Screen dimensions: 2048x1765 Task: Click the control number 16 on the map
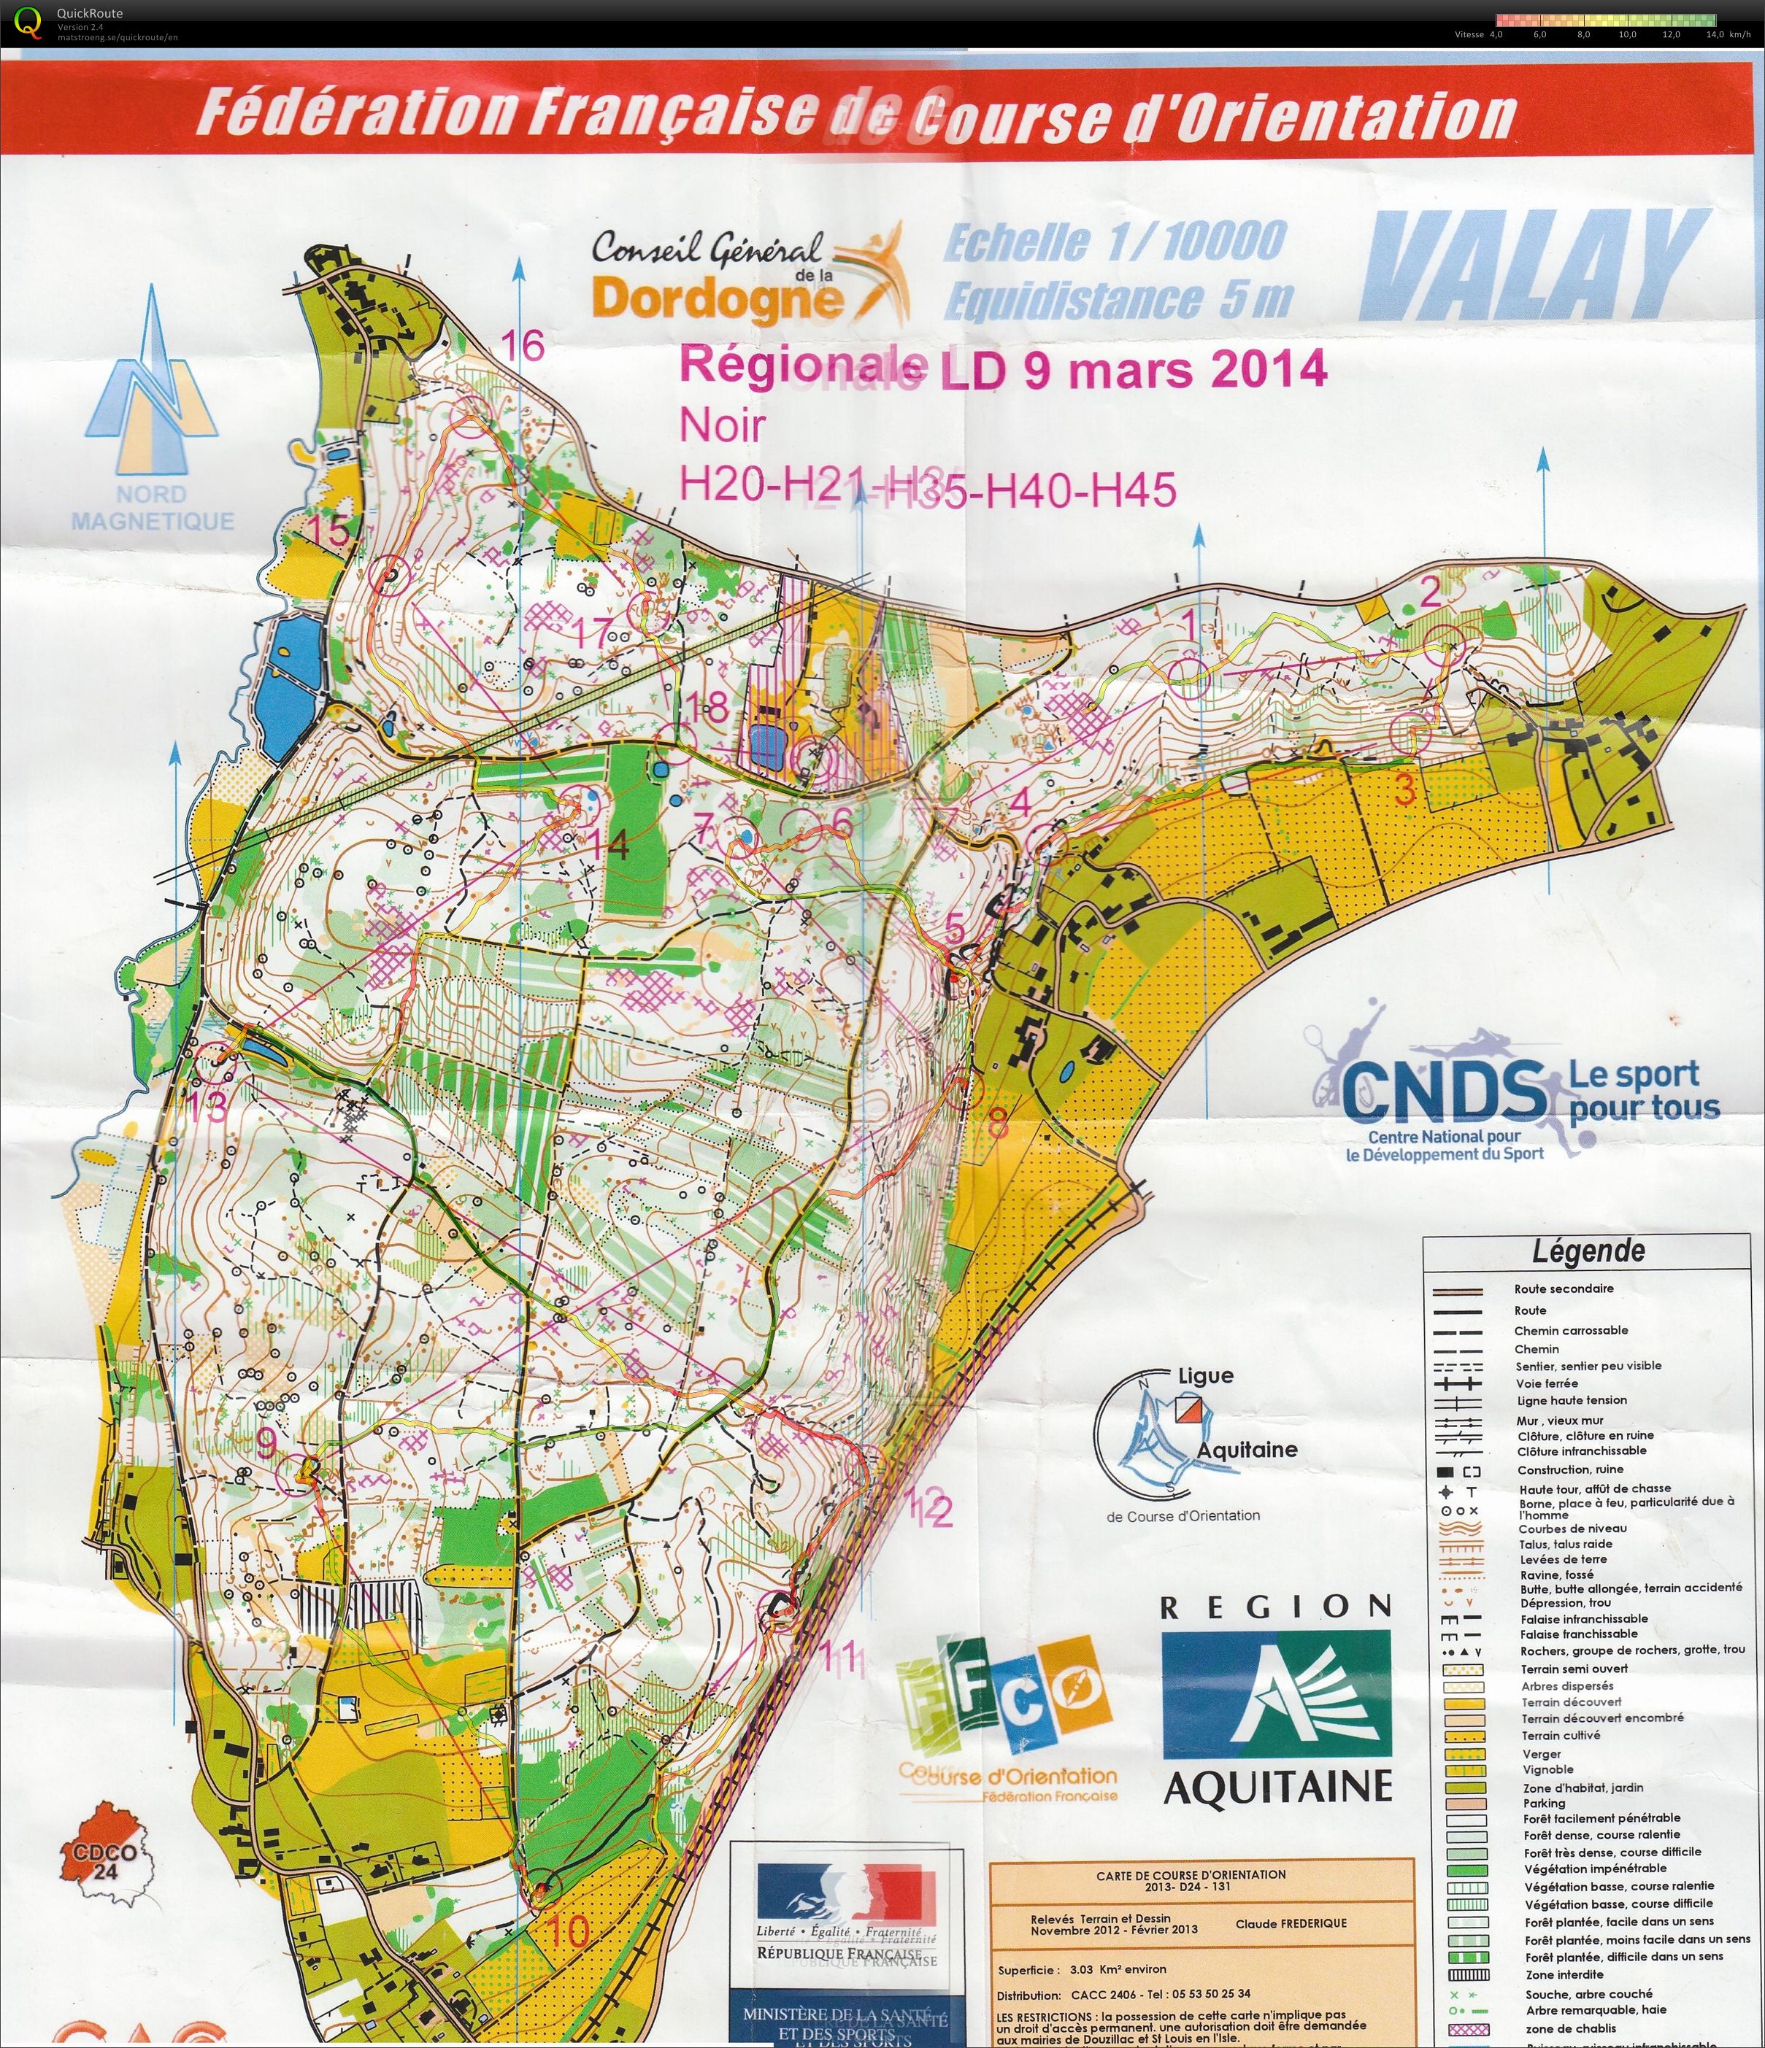(522, 346)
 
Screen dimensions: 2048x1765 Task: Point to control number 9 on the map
(266, 1444)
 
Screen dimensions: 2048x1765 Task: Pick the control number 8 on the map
(996, 1124)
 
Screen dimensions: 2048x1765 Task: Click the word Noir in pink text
(723, 427)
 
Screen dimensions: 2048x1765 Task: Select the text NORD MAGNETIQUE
(153, 507)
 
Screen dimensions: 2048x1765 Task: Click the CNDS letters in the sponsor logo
(1445, 1089)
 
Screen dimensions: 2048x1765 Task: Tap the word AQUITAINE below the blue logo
(1277, 1786)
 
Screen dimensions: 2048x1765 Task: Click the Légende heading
(1588, 1251)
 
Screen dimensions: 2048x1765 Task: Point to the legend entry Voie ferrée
(1547, 1384)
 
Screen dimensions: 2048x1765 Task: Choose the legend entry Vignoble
(1548, 1769)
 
